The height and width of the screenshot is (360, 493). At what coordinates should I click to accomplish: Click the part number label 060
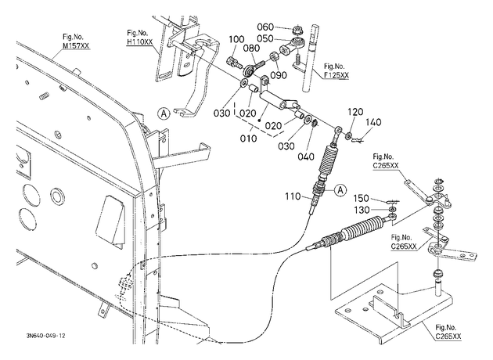click(265, 27)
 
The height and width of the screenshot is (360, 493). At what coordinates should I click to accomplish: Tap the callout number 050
click(265, 38)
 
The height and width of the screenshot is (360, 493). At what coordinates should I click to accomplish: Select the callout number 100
click(236, 39)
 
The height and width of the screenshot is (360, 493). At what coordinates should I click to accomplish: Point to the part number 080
click(252, 48)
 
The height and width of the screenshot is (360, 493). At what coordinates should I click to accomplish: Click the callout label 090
click(279, 75)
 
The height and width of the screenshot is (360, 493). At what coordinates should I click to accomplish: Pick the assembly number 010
click(248, 139)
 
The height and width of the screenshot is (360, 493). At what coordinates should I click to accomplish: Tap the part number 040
click(306, 157)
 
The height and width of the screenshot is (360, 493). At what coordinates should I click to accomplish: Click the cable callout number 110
click(293, 196)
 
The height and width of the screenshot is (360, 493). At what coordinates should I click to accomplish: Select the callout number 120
click(355, 112)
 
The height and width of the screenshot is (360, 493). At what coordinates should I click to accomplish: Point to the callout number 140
click(373, 122)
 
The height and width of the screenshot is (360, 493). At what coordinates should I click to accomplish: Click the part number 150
click(361, 199)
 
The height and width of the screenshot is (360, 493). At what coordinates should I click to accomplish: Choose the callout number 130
click(362, 210)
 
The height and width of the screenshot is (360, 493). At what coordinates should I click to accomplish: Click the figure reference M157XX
click(76, 46)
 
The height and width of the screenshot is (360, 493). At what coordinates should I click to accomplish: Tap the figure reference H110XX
click(139, 42)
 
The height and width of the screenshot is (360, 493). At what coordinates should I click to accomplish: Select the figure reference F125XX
click(336, 75)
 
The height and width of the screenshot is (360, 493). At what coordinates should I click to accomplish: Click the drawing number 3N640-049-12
click(46, 336)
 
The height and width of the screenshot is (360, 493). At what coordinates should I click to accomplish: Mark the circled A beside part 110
click(340, 190)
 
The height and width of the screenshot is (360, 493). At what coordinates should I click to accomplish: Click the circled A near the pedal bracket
click(164, 113)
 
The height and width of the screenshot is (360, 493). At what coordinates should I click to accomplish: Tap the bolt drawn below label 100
click(234, 62)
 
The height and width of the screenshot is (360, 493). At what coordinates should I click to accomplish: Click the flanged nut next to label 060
click(296, 31)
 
